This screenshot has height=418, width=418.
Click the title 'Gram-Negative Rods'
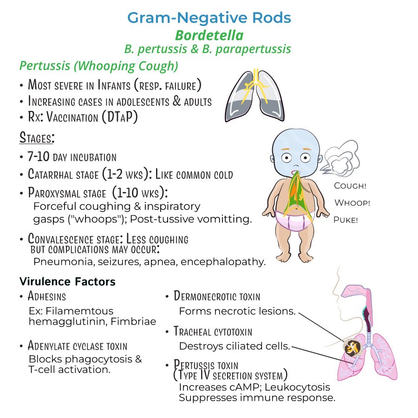tap(209, 18)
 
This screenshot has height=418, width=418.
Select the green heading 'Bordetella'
tap(209, 35)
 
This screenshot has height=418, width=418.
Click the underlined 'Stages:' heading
tap(37, 137)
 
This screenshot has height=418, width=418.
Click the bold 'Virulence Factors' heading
tap(67, 281)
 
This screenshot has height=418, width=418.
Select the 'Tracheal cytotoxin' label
tap(213, 331)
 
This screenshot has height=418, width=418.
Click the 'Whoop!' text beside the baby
tap(352, 202)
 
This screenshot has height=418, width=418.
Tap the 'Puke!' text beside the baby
tap(346, 220)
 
